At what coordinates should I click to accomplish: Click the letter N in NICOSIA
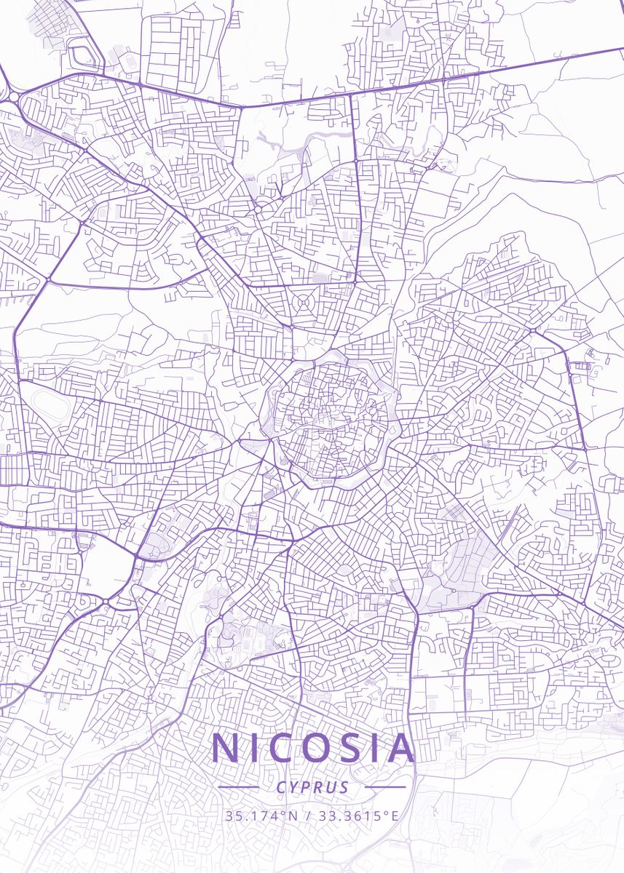(226, 749)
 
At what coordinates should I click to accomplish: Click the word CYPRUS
(312, 787)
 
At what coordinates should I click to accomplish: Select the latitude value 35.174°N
(261, 816)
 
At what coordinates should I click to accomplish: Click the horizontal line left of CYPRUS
(239, 787)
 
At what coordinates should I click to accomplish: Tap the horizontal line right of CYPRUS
(385, 787)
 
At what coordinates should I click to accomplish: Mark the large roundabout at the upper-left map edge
(13, 96)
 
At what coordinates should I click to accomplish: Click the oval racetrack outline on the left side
(48, 405)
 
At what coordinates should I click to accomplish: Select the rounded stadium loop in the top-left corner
(82, 55)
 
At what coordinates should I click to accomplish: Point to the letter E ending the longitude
(395, 816)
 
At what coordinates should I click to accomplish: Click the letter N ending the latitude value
(293, 816)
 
